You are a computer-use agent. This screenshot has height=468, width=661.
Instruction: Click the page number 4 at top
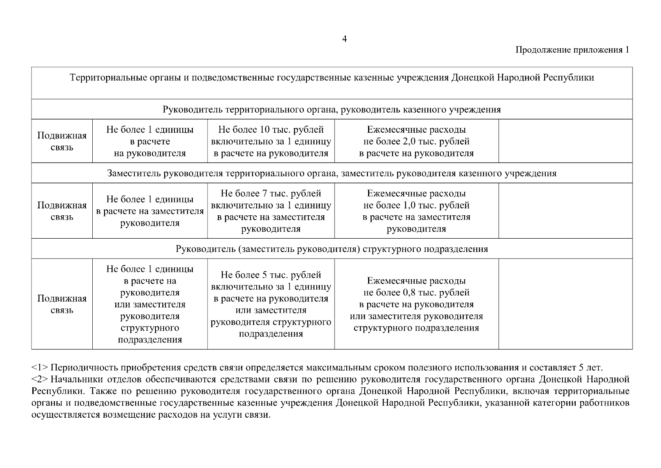(344, 39)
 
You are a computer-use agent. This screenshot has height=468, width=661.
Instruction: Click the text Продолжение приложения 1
(572, 50)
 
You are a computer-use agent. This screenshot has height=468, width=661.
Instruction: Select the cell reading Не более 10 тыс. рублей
(271, 141)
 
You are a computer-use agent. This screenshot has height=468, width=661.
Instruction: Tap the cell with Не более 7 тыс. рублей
(271, 211)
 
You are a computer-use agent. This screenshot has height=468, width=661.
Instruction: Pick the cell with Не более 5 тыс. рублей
(271, 304)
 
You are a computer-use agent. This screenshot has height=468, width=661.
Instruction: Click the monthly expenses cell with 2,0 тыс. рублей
(416, 141)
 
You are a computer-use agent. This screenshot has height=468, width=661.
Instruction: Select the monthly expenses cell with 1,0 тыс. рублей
(416, 211)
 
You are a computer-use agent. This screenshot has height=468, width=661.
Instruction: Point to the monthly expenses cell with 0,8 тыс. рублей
(416, 304)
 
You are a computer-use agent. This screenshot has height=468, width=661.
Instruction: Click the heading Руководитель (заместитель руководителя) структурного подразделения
(331, 249)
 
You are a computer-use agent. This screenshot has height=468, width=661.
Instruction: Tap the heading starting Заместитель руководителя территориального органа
(331, 173)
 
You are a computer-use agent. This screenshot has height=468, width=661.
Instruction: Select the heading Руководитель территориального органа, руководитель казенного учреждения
(331, 110)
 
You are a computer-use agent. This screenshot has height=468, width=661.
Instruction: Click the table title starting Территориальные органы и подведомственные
(331, 78)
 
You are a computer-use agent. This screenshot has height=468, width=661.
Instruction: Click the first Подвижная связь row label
(62, 141)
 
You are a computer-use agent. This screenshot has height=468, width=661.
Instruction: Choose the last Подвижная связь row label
(62, 304)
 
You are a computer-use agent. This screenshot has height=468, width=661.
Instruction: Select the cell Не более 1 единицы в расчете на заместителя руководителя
(150, 211)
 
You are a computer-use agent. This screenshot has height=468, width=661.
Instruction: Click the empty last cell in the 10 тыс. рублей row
(565, 141)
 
